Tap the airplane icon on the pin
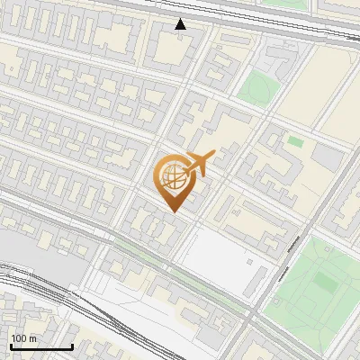[x=198, y=164]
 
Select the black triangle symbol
[x=181, y=23]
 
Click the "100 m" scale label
[x=23, y=338]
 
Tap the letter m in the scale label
[x=32, y=338]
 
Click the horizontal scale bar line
[x=41, y=346]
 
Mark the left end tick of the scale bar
[x=10, y=346]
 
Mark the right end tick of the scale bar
[x=73, y=346]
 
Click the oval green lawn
[x=257, y=88]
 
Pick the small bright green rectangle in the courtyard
[x=295, y=141]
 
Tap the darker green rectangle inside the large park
[x=325, y=284]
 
